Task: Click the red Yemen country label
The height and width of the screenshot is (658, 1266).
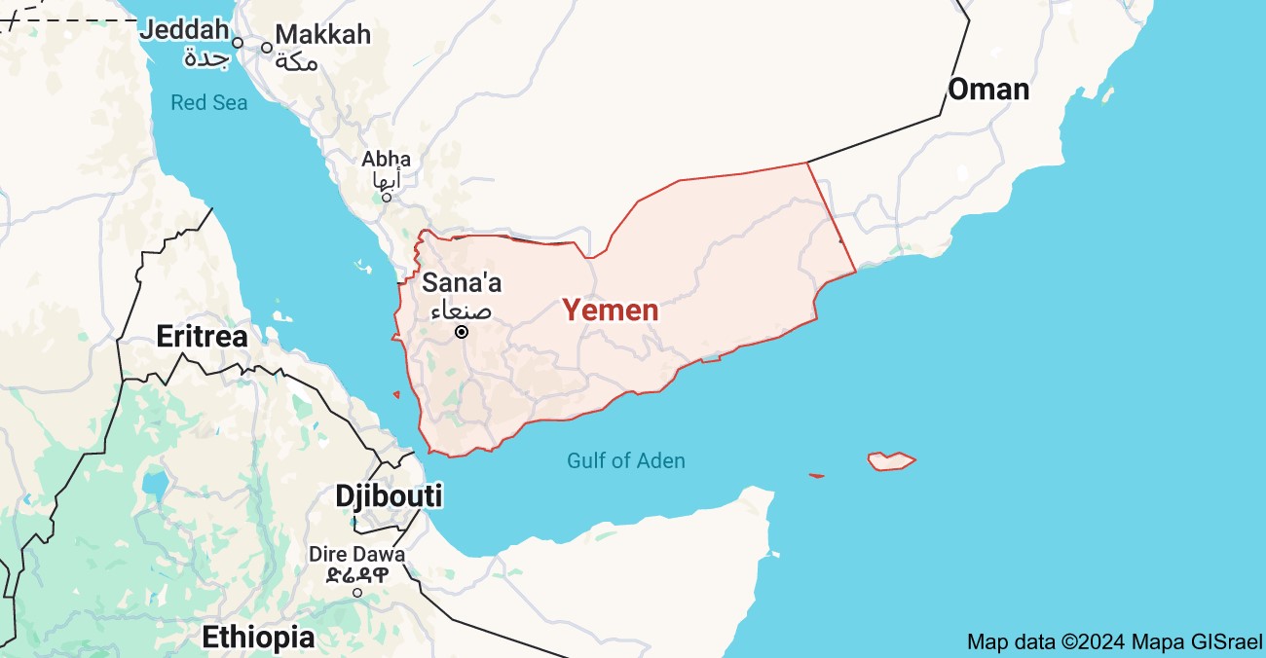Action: [611, 311]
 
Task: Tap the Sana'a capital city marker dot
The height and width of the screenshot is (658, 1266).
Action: [462, 332]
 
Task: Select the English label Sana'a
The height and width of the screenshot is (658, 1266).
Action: [462, 283]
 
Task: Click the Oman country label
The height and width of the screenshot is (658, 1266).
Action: [988, 90]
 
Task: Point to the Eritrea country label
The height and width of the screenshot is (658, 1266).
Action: [203, 337]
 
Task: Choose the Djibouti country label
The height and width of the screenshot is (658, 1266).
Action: [389, 495]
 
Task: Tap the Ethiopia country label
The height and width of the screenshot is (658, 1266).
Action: [258, 638]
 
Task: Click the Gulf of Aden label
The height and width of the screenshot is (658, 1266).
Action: [626, 460]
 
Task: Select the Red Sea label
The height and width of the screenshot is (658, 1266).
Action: [209, 102]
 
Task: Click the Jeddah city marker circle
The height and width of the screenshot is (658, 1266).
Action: [237, 43]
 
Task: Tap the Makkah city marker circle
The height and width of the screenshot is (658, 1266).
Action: [266, 47]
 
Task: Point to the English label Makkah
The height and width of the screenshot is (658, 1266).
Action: [323, 34]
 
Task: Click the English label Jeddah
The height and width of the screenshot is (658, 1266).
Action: [188, 29]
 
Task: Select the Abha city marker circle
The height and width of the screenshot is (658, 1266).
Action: [386, 198]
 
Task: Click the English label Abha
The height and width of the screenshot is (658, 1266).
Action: [387, 159]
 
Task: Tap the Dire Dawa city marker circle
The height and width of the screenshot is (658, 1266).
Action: [357, 592]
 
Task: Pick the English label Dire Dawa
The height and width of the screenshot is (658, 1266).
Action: [356, 554]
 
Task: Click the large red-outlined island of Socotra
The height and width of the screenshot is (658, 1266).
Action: [891, 460]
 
